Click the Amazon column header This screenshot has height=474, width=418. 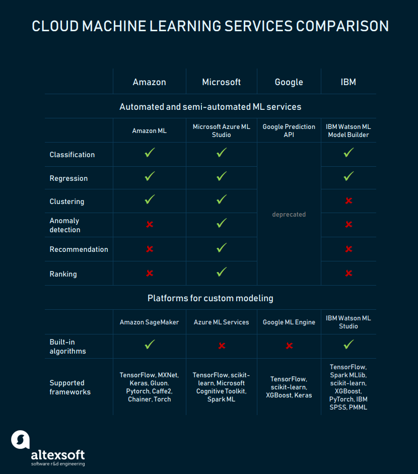149,82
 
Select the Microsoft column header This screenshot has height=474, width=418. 221,82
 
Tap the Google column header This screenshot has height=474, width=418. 289,82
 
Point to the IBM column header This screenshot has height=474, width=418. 348,82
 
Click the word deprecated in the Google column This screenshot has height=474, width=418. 289,214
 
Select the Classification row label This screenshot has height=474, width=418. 72,155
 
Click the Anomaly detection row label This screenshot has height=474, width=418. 65,225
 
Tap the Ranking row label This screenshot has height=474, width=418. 63,274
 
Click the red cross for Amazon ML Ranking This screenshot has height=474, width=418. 150,274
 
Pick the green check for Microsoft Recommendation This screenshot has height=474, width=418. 222,248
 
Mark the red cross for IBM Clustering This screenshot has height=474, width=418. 349,200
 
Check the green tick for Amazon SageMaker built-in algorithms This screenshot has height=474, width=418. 150,344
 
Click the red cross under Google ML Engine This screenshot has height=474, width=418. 289,346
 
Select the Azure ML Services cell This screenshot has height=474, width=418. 221,322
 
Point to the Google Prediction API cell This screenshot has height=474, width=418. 289,130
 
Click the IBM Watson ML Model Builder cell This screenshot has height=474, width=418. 348,130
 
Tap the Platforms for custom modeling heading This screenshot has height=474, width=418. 211,298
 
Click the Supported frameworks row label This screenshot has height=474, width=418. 70,387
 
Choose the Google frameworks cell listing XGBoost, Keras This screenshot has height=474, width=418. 289,387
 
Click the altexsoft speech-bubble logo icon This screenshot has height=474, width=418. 21,440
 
